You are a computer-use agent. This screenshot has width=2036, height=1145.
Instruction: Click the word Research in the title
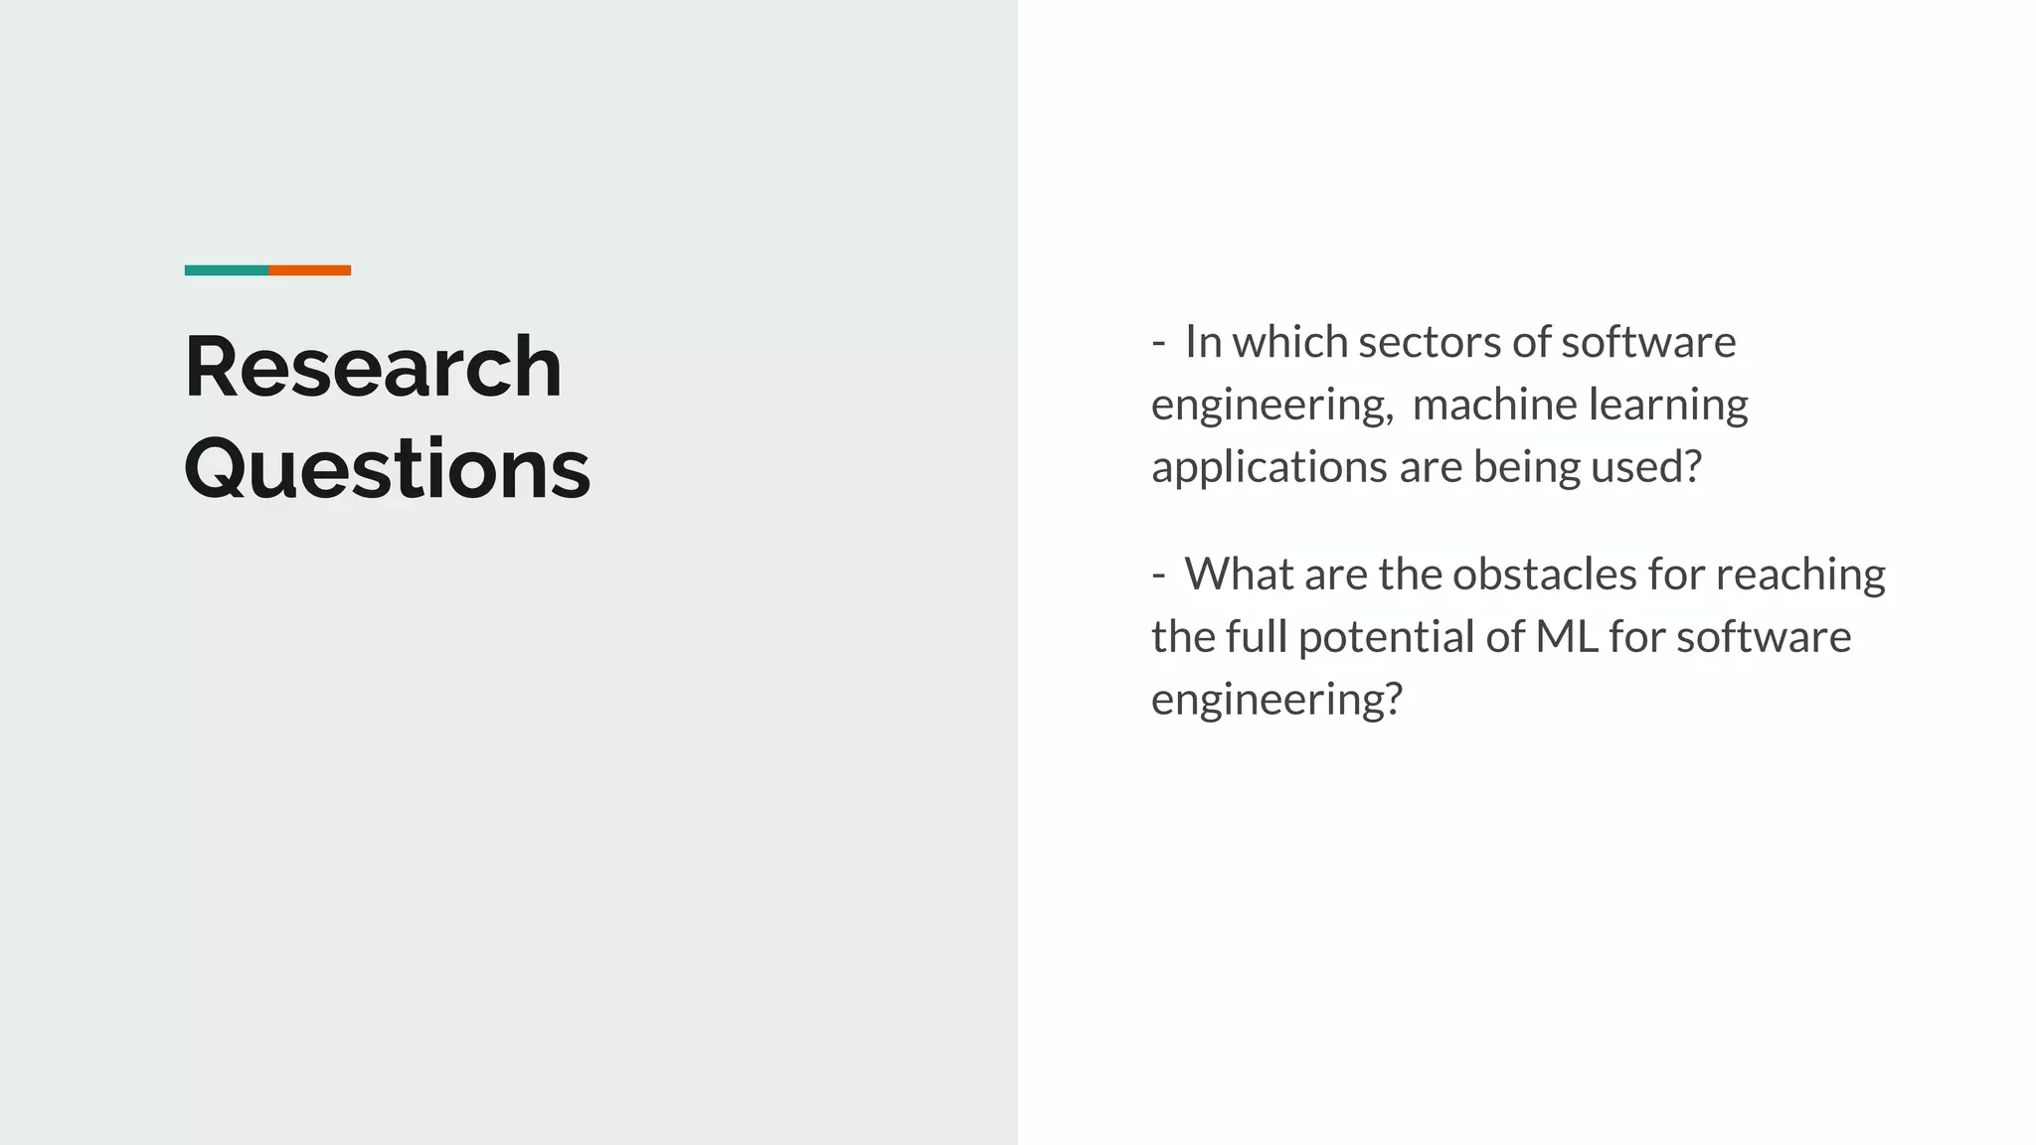click(x=373, y=368)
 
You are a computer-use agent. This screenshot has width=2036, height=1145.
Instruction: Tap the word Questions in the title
click(x=387, y=469)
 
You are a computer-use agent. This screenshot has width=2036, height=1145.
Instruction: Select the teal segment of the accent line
click(x=226, y=270)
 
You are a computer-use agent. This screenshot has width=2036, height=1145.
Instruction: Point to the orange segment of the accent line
click(x=309, y=270)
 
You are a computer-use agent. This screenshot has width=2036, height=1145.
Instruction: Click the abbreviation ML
click(x=1567, y=637)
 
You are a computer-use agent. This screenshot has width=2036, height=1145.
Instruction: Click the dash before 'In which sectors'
click(x=1158, y=343)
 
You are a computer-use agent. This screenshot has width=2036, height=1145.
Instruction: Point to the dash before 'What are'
click(x=1158, y=574)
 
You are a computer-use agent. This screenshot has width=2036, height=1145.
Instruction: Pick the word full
click(x=1256, y=637)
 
